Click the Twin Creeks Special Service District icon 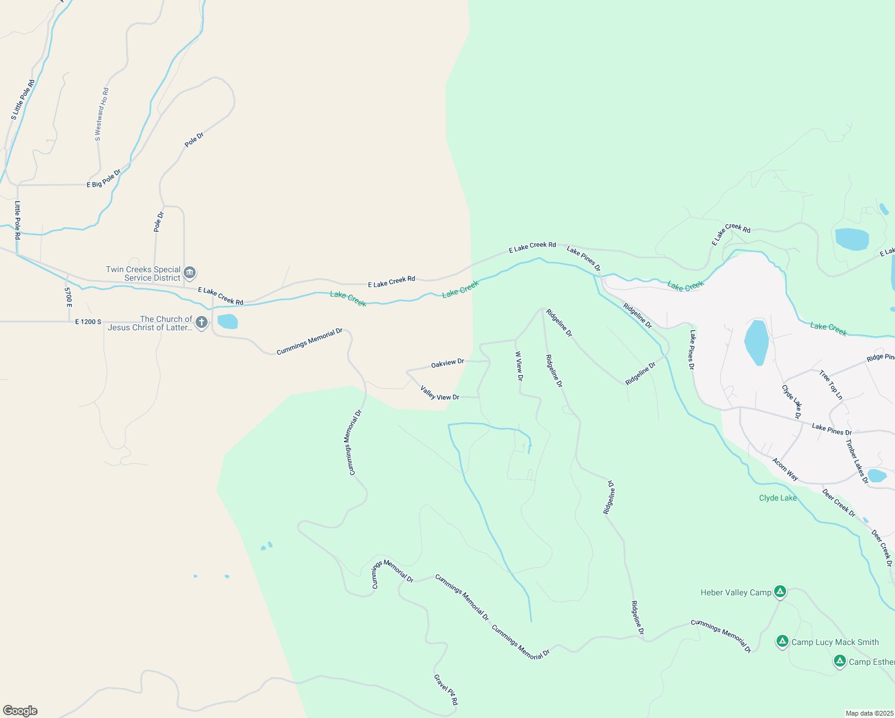[190, 273]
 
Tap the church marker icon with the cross [202, 323]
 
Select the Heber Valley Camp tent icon [780, 592]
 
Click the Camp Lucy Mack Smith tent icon [782, 642]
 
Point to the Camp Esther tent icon [839, 661]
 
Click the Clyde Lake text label [778, 498]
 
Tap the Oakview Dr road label [447, 363]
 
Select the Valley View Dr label [440, 393]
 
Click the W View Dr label [519, 366]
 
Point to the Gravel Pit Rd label [446, 690]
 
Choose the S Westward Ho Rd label [102, 114]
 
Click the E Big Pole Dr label [103, 179]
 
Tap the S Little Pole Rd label [23, 99]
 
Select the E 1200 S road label [88, 322]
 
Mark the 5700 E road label [68, 297]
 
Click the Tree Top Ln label [831, 385]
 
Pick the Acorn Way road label [785, 469]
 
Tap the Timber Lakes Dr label [857, 461]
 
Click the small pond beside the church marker [227, 322]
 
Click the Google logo [20, 711]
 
